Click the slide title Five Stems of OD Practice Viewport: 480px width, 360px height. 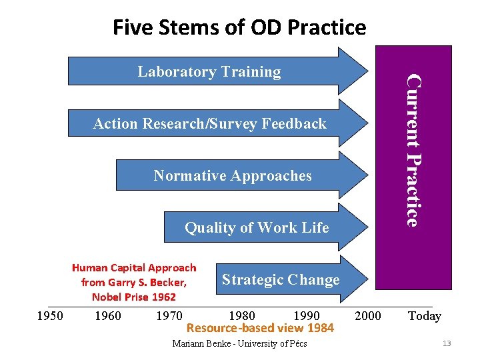239,27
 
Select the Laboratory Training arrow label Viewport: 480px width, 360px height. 209,72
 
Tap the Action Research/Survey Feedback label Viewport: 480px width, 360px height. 209,123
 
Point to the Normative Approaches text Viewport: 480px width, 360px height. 232,176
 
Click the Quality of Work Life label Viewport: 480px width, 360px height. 257,228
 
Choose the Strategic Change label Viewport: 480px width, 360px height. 281,280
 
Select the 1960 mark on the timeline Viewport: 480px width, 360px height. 108,315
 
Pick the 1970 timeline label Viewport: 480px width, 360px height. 169,315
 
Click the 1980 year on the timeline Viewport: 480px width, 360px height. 241,315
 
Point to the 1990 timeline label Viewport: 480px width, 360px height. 306,315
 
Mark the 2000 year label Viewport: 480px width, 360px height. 368,315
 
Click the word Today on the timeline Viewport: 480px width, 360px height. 424,315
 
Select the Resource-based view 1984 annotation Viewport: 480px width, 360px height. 260,328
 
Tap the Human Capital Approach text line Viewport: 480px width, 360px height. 134,268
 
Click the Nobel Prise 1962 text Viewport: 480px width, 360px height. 134,297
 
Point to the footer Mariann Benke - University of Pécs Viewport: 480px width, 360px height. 239,344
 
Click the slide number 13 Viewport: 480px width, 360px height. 447,343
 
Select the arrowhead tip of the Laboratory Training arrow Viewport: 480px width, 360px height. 365,71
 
